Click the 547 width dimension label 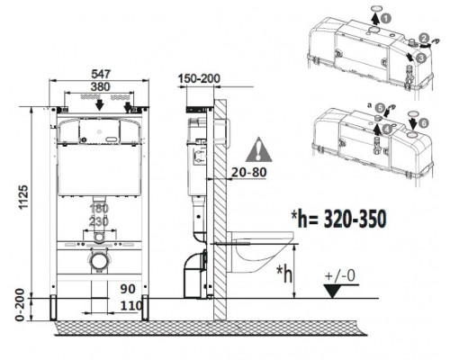(x=101, y=74)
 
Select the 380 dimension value (x=101, y=87)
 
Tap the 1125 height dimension (x=23, y=197)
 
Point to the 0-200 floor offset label (x=20, y=304)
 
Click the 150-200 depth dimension (x=199, y=78)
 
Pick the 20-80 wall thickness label (x=249, y=172)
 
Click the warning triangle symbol (x=259, y=150)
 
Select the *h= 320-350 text (x=338, y=220)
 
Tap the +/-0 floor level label (x=340, y=275)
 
